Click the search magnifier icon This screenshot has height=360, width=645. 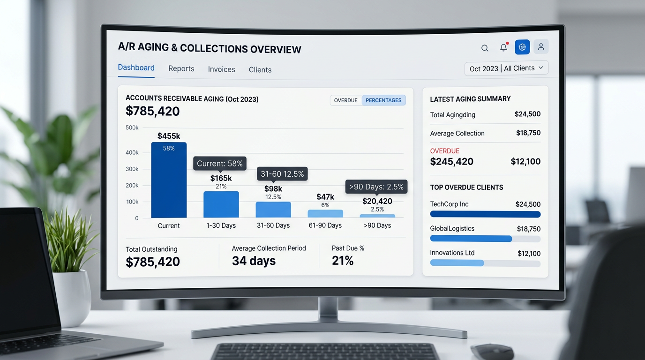point(485,48)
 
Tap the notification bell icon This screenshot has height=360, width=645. point(503,47)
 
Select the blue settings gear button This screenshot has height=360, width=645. point(522,47)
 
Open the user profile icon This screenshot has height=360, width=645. point(541,47)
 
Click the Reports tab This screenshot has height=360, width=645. point(181,68)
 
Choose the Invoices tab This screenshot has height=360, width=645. point(221,69)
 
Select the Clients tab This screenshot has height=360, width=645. point(260,70)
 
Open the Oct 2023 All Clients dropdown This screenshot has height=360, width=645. point(507,68)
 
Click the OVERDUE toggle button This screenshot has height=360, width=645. point(346,100)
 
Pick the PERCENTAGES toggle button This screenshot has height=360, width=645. point(383,100)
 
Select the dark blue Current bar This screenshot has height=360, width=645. point(169,180)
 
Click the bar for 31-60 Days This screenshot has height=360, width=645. point(273,210)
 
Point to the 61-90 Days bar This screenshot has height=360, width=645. point(325,214)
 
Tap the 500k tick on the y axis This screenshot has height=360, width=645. point(132,127)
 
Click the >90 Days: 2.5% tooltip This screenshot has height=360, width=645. point(376,187)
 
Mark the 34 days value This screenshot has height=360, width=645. point(254,261)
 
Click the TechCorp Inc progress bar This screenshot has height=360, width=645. point(485,214)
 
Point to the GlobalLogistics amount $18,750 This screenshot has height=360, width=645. point(529,229)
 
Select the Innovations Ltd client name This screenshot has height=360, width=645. point(452,253)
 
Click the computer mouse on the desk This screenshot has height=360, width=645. point(492,352)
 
